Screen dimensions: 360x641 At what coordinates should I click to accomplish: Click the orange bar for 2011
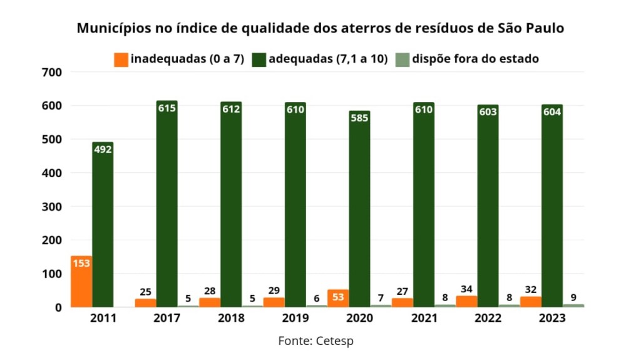coord(81,281)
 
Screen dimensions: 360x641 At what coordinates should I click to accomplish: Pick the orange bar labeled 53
coord(338,298)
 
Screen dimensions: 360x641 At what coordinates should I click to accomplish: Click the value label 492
coord(103,149)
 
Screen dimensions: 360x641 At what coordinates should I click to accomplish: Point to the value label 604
coord(552,112)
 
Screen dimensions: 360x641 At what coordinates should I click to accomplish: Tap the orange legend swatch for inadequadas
coord(121,59)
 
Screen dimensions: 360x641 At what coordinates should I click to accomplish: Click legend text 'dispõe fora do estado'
coord(476,59)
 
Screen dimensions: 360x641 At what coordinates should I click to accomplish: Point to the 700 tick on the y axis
coord(52,72)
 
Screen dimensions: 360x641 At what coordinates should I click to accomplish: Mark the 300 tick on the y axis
coord(52,207)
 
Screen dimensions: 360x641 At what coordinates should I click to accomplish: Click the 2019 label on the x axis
coord(295,318)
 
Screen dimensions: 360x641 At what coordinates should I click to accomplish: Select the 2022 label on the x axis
coord(488,318)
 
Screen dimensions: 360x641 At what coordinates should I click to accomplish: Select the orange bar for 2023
coord(531,301)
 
